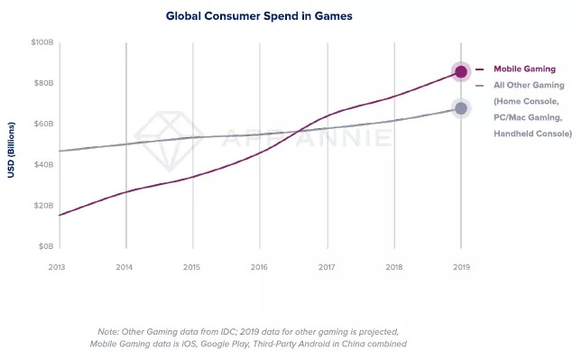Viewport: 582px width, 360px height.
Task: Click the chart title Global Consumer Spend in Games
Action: tap(259, 16)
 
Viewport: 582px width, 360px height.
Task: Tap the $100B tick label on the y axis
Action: tap(42, 42)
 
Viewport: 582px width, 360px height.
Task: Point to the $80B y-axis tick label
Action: tap(44, 83)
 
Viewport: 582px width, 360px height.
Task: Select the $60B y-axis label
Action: tap(44, 124)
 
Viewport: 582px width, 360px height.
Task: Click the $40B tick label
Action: tap(44, 165)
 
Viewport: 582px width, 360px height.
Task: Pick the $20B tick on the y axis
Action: tap(44, 206)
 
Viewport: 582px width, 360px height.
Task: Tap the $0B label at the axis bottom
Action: tap(46, 246)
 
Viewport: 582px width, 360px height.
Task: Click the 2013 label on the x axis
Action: tap(57, 267)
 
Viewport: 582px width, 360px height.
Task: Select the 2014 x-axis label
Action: tap(124, 267)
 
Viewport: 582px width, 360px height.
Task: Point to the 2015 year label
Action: tap(191, 267)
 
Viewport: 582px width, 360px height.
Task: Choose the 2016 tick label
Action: tap(259, 267)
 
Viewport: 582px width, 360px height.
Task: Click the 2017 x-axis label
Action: tap(327, 267)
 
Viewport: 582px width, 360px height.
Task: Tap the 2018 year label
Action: tap(394, 267)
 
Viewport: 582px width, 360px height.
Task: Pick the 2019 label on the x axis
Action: tap(461, 267)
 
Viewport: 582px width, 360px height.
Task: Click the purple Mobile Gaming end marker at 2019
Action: tap(461, 71)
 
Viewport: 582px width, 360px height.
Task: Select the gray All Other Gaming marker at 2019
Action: tap(461, 108)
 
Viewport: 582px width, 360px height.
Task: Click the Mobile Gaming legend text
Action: tap(524, 69)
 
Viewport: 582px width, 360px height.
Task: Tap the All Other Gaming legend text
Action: tap(529, 86)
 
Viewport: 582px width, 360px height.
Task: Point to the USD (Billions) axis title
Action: tap(11, 150)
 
